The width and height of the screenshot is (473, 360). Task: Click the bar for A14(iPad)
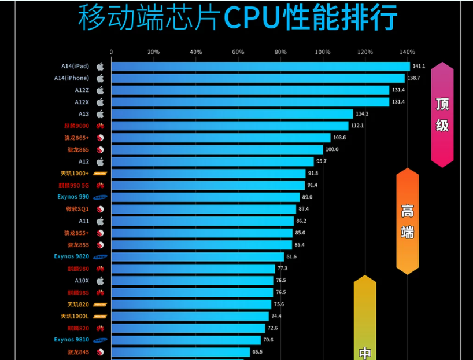click(260, 66)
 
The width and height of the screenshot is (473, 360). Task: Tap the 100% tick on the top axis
click(323, 52)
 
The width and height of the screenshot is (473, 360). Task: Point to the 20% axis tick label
click(153, 52)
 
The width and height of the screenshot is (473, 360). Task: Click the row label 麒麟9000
click(76, 126)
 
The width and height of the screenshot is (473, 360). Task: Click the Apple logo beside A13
click(100, 114)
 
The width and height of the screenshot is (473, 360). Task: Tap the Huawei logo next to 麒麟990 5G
click(100, 185)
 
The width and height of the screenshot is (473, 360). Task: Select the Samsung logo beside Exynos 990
click(100, 197)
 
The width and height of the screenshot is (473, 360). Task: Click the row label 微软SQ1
click(77, 209)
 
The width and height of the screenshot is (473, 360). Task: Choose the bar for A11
click(202, 221)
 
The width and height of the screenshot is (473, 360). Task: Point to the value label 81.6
click(291, 256)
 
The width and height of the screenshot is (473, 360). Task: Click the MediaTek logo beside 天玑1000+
click(100, 174)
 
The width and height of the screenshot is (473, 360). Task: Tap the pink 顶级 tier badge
click(442, 115)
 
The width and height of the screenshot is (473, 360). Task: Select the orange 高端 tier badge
click(408, 221)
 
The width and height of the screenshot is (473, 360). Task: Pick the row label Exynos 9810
click(72, 340)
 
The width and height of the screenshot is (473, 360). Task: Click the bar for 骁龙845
click(180, 352)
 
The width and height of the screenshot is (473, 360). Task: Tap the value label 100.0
click(332, 149)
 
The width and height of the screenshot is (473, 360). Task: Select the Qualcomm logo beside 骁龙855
click(100, 245)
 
